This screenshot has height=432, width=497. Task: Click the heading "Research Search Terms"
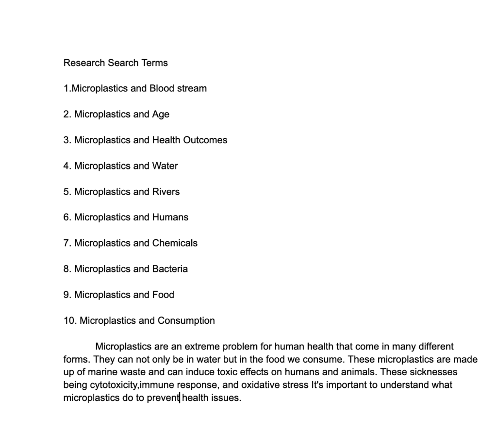116,63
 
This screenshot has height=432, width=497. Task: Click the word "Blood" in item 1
162,88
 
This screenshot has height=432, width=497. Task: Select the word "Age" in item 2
161,114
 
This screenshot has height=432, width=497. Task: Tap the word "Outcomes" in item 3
205,140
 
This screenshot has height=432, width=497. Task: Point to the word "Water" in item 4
165,166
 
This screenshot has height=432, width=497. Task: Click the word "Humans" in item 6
170,217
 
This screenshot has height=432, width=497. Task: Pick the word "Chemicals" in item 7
175,243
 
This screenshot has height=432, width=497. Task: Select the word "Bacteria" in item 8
170,269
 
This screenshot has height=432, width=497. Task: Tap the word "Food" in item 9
163,295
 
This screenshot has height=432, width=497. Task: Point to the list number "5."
67,192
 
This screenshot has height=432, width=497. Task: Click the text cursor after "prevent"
180,398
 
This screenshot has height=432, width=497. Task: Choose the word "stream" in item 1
192,88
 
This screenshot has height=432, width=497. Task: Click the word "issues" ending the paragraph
227,398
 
